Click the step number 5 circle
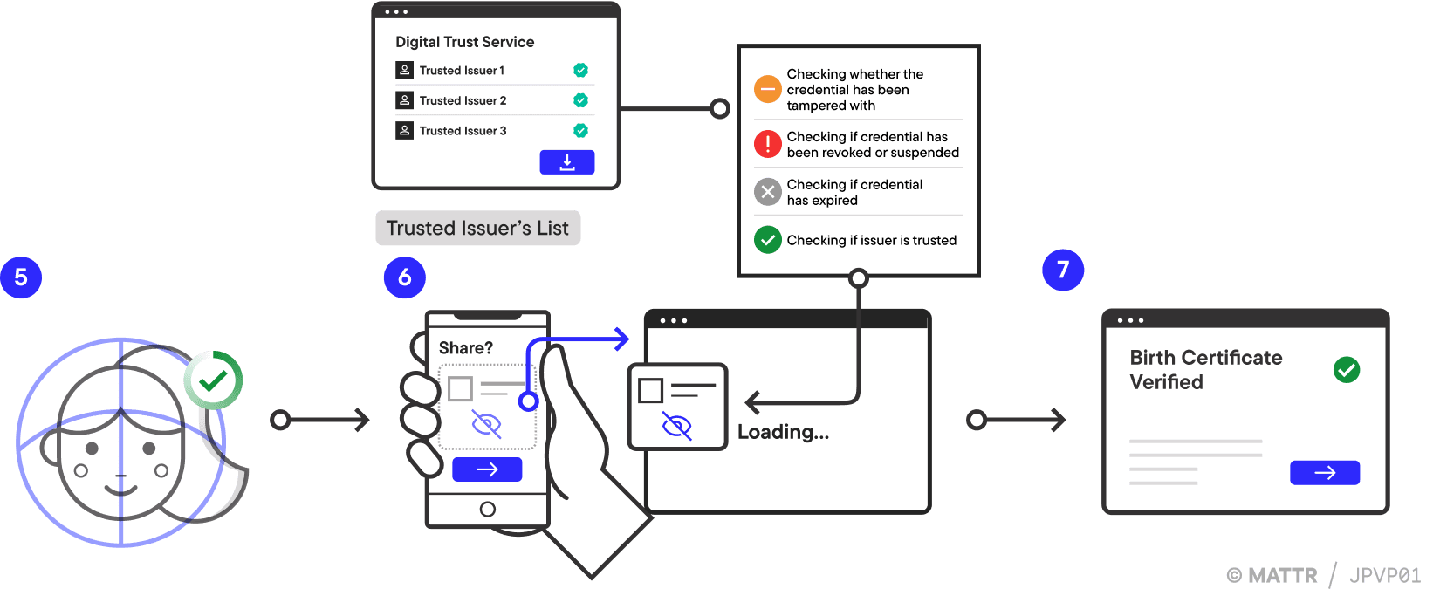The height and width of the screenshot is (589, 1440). coord(21,277)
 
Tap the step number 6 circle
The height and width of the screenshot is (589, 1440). coord(404,277)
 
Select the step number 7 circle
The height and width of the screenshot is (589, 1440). coord(1063,270)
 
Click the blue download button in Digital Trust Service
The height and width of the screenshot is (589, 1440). coord(566,162)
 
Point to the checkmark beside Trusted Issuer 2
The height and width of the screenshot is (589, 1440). coord(580,100)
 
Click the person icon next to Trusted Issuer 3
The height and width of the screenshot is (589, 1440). coord(404,131)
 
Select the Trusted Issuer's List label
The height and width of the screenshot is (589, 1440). coord(477,229)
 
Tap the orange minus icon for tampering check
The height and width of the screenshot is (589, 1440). coord(767,89)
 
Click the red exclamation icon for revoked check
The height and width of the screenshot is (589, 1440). coord(767,144)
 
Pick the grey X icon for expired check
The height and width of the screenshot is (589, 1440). coord(767,192)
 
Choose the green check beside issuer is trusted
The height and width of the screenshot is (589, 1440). coord(767,240)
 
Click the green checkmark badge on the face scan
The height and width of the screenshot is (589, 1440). coord(213,380)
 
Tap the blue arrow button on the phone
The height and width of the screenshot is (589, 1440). coord(487,469)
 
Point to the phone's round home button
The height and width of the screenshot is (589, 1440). coord(488,510)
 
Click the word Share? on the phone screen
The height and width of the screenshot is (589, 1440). coord(465,348)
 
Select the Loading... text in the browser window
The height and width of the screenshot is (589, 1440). coord(783,432)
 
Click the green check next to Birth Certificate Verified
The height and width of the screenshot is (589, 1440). coord(1347,370)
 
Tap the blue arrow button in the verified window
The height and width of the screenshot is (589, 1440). coord(1325,473)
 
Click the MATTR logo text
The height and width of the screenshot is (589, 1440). coord(1282,576)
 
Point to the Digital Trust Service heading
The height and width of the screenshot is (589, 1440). coord(464,42)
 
